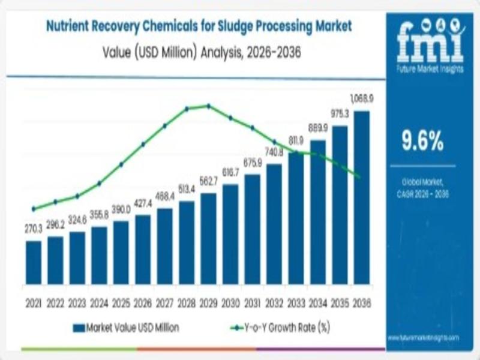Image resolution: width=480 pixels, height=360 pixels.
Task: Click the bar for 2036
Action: click(x=361, y=197)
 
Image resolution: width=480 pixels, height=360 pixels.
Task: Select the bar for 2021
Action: click(x=34, y=262)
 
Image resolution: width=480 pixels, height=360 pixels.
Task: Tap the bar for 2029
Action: click(x=208, y=238)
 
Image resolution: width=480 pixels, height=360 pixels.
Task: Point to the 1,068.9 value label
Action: click(x=361, y=98)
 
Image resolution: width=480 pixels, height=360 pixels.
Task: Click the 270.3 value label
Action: click(x=34, y=229)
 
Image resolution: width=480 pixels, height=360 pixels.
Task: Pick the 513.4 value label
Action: click(x=187, y=189)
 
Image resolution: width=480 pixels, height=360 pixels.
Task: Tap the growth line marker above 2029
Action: click(x=208, y=106)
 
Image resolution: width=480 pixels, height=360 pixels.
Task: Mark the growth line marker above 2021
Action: click(x=34, y=209)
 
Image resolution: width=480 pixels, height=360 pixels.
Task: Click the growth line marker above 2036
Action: click(x=359, y=176)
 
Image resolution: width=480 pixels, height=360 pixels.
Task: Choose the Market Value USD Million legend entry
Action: click(x=125, y=328)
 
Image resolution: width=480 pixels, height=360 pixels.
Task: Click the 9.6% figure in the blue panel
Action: click(x=422, y=141)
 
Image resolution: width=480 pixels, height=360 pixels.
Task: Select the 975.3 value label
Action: click(x=340, y=113)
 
